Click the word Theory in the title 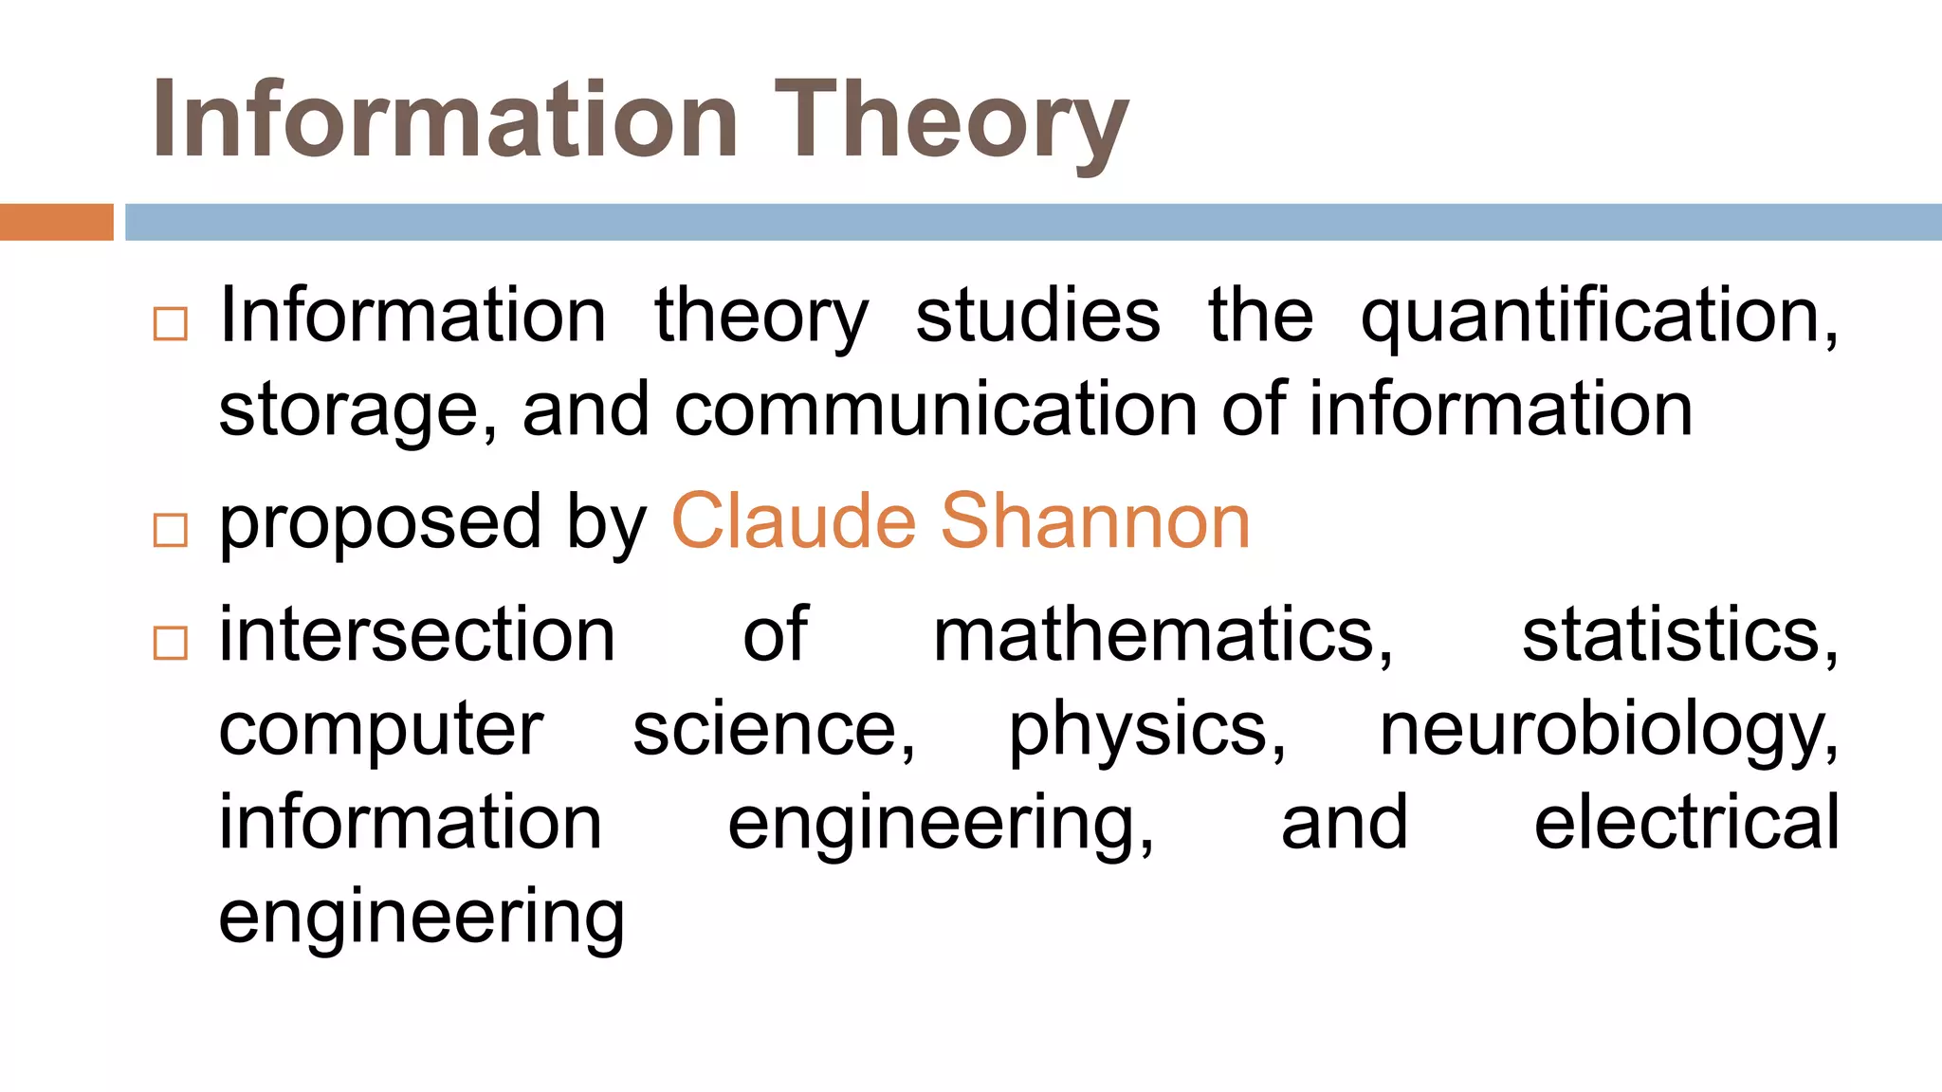tap(951, 120)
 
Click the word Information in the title tap(445, 120)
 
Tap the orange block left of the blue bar tap(56, 222)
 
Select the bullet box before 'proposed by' tap(170, 530)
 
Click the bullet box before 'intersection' tap(170, 643)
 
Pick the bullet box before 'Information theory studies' tap(170, 323)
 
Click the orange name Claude tap(793, 521)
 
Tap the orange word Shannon tap(1095, 521)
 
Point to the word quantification tap(1599, 317)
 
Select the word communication tap(936, 409)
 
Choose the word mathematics tap(1163, 634)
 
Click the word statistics tap(1679, 634)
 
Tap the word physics tap(1146, 731)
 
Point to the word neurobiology tap(1608, 731)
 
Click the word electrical tap(1687, 822)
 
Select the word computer tap(381, 731)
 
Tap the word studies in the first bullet tap(1037, 316)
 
